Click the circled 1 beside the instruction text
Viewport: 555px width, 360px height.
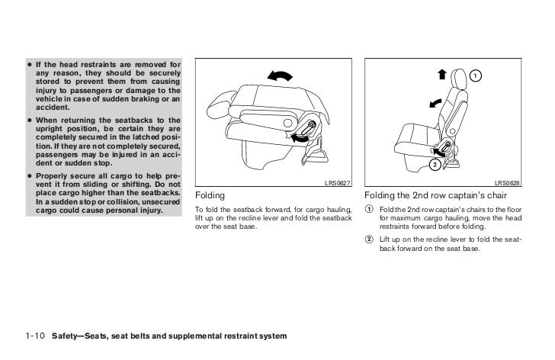pos(370,210)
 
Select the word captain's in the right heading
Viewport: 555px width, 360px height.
pos(456,196)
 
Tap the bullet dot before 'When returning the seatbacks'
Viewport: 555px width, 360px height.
pos(28,120)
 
